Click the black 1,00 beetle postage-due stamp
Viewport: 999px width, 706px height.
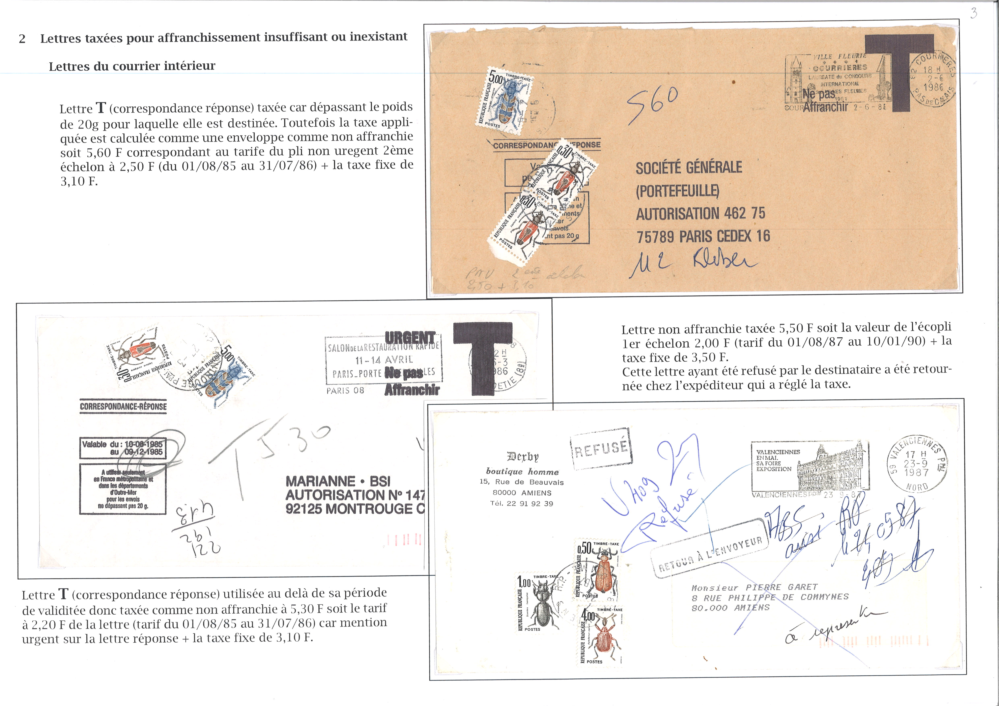point(537,603)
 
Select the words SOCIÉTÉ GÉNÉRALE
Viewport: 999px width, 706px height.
point(689,167)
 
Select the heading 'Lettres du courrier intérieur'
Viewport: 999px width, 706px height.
point(132,66)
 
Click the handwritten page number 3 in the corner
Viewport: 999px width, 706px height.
point(973,13)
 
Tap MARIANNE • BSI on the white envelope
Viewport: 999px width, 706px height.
point(338,481)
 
